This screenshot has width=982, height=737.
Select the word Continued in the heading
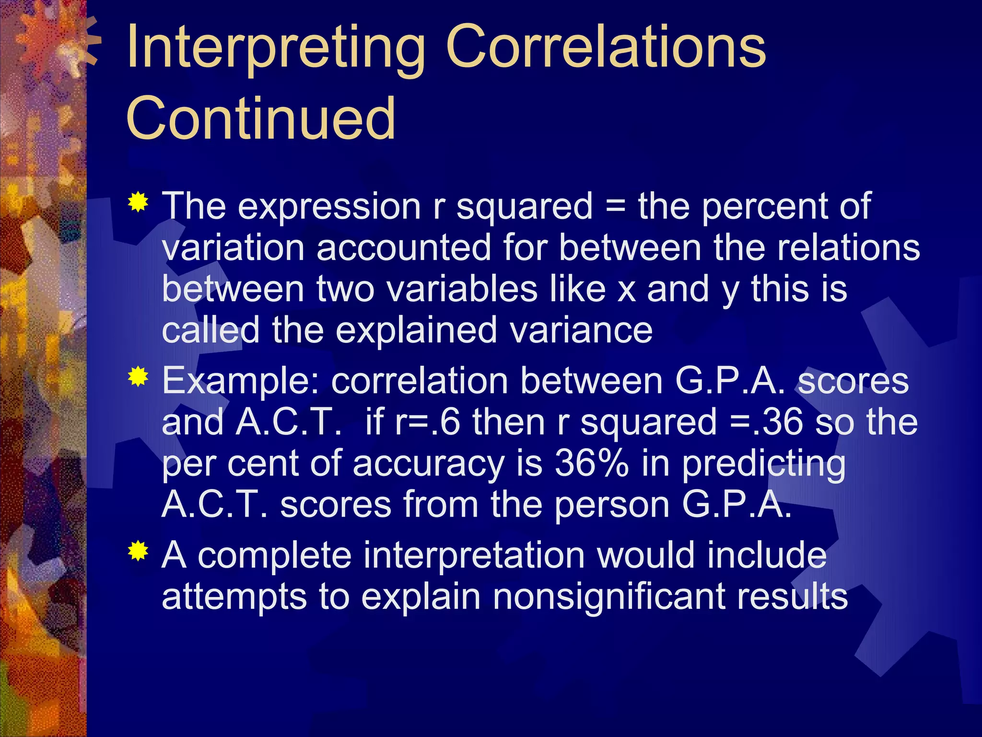(261, 118)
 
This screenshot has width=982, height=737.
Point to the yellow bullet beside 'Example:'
(138, 377)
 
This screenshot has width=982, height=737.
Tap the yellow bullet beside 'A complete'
(138, 551)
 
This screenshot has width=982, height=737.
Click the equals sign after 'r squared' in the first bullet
(615, 206)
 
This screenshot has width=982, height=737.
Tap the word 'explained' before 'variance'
(416, 331)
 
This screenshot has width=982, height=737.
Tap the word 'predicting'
(763, 464)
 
